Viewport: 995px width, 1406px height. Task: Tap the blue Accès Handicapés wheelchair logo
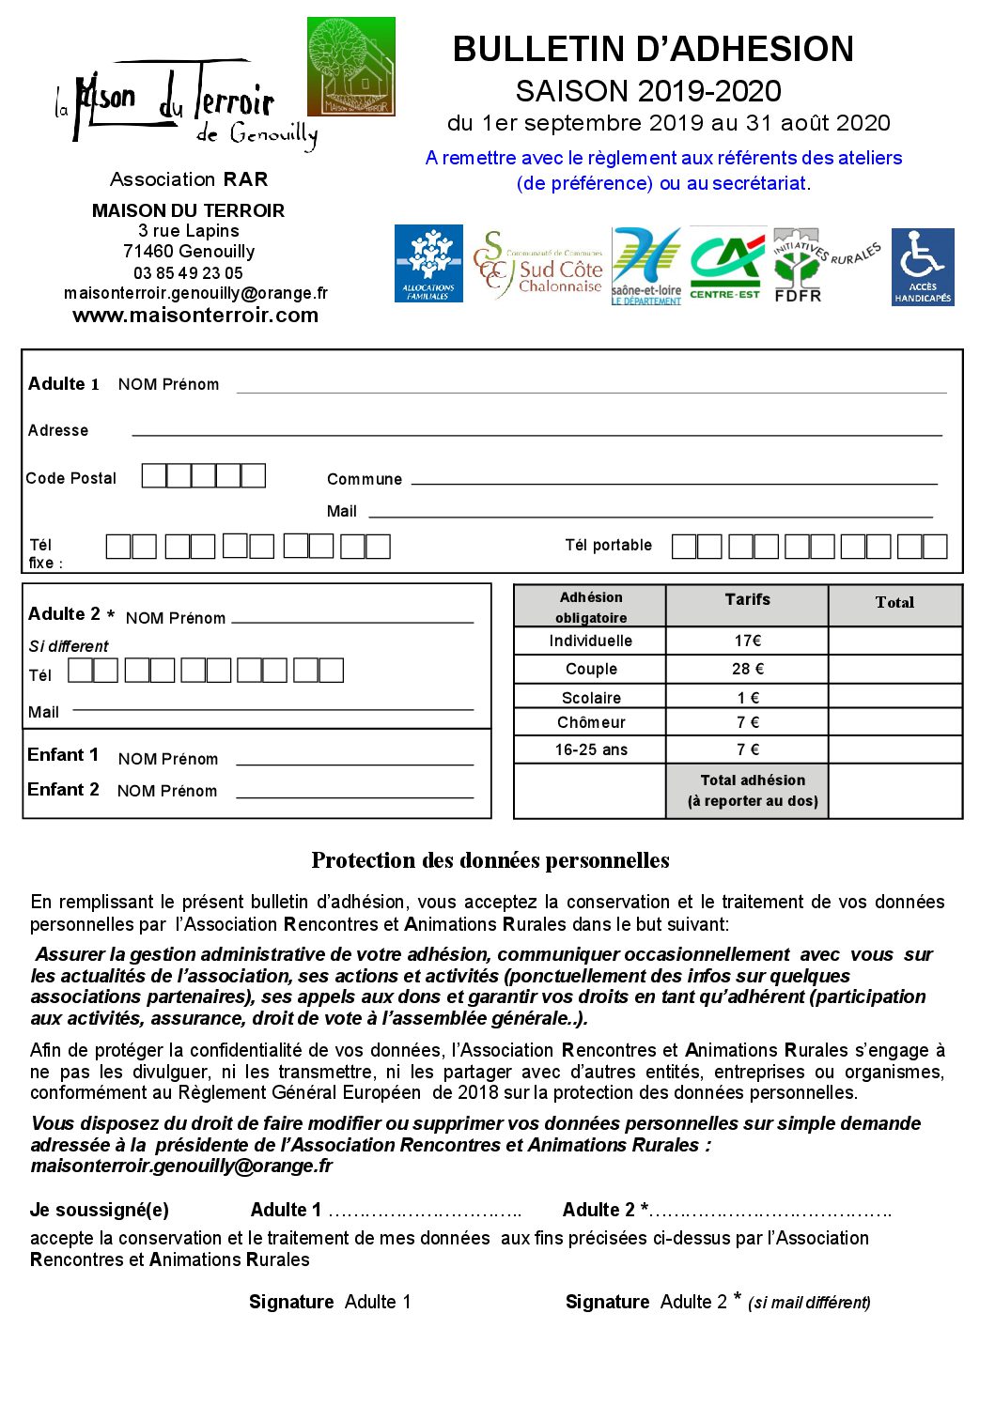pyautogui.click(x=922, y=267)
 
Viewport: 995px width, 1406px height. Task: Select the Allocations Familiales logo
pyautogui.click(x=428, y=264)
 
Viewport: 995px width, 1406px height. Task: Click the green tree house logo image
pyautogui.click(x=351, y=67)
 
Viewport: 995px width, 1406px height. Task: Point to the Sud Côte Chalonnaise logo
pyautogui.click(x=538, y=266)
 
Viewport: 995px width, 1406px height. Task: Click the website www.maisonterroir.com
pyautogui.click(x=195, y=316)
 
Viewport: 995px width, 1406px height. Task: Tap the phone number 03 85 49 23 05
pyautogui.click(x=188, y=273)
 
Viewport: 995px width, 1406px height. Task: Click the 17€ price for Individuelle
pyautogui.click(x=747, y=641)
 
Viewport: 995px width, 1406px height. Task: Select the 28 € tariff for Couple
pyautogui.click(x=747, y=669)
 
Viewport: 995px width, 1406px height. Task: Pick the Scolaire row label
pyautogui.click(x=591, y=698)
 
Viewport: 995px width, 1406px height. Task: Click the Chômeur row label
pyautogui.click(x=591, y=722)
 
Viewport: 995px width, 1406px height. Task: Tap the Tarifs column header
pyautogui.click(x=747, y=600)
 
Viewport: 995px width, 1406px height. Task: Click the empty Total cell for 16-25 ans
pyautogui.click(x=894, y=749)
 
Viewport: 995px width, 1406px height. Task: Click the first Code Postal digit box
pyautogui.click(x=153, y=476)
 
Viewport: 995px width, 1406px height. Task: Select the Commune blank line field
pyautogui.click(x=674, y=482)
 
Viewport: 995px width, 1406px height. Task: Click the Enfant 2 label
pyautogui.click(x=63, y=790)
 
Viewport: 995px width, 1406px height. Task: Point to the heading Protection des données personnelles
pyautogui.click(x=490, y=860)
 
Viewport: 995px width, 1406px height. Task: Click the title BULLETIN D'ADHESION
pyautogui.click(x=653, y=50)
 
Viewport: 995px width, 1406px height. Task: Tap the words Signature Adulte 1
pyautogui.click(x=330, y=1302)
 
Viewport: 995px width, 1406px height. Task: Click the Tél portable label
pyautogui.click(x=608, y=546)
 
